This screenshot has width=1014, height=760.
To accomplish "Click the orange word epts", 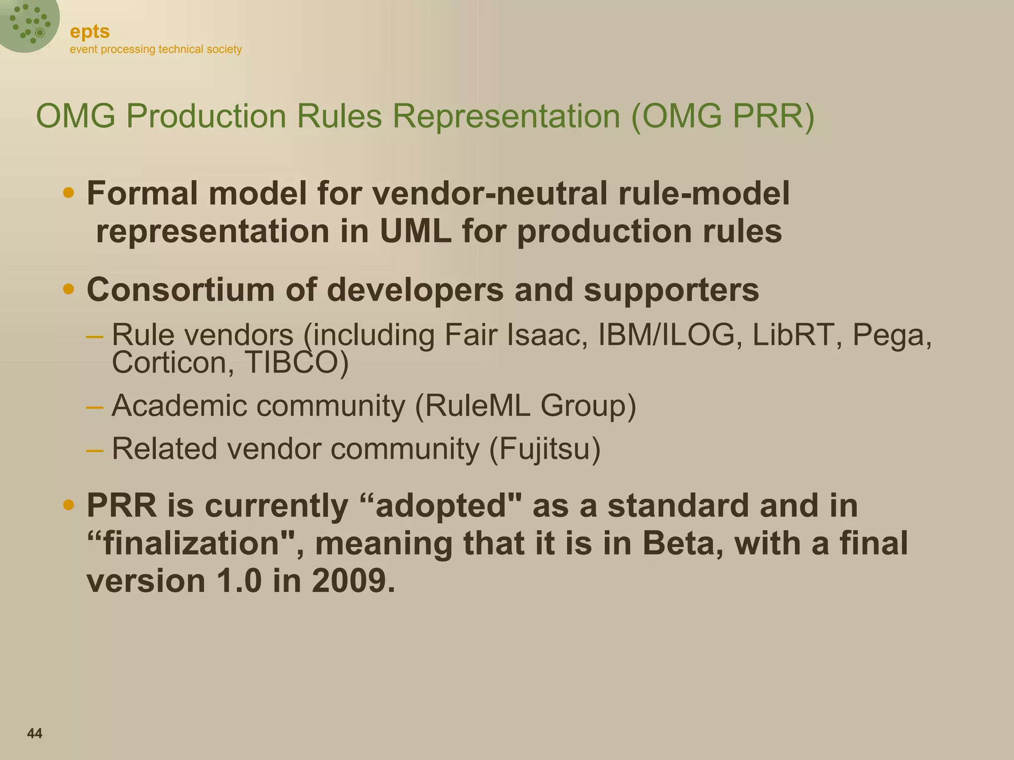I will click(90, 32).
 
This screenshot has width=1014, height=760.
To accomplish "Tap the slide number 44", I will click(35, 733).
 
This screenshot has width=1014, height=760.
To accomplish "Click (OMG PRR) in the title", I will click(723, 116).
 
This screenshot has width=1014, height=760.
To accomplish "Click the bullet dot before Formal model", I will click(69, 192).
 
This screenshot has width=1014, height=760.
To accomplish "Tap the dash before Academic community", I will click(94, 407).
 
